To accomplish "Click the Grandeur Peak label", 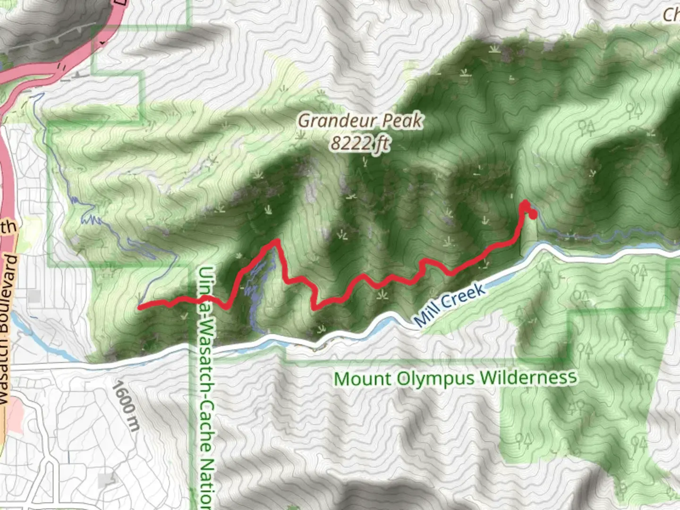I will (360, 121).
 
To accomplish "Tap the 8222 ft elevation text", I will (360, 143).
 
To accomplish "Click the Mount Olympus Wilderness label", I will (455, 378).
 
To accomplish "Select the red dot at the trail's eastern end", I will (533, 215).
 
